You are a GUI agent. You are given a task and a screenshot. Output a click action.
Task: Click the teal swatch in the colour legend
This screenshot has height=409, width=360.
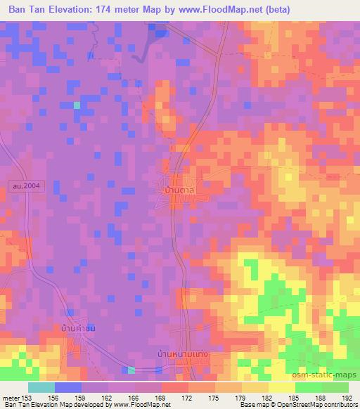pos(41,387)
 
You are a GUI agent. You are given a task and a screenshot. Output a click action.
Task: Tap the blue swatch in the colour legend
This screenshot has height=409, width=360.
pos(67,387)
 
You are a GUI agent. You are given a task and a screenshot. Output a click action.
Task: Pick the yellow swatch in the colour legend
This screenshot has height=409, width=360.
pos(281,387)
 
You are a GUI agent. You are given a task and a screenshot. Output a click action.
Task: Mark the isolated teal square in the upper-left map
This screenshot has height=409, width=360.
pos(77,105)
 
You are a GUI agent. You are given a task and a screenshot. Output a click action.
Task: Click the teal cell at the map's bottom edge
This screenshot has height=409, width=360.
pos(131,370)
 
